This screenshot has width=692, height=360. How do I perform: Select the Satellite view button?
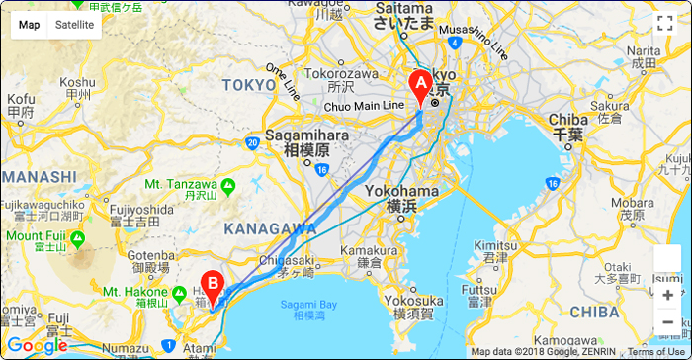pyautogui.click(x=75, y=25)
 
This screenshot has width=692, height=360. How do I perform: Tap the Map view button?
pyautogui.click(x=30, y=25)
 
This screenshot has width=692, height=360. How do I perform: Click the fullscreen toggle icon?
pyautogui.click(x=664, y=24)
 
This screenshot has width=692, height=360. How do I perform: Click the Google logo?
pyautogui.click(x=37, y=345)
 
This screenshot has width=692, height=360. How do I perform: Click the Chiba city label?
pyautogui.click(x=567, y=121)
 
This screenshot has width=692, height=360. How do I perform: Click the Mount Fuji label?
pyautogui.click(x=38, y=236)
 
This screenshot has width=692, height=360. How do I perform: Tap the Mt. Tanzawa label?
pyautogui.click(x=181, y=184)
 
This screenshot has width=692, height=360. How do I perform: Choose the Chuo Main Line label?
pyautogui.click(x=365, y=105)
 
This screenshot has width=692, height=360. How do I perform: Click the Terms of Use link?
pyautogui.click(x=655, y=352)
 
